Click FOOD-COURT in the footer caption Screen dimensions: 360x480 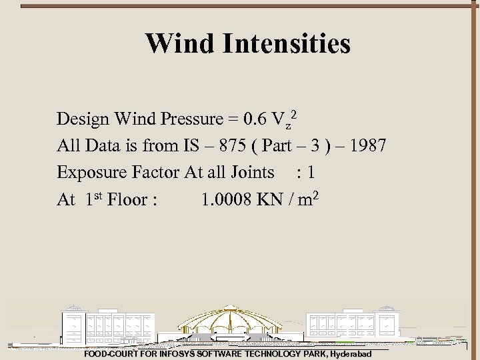(109, 354)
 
